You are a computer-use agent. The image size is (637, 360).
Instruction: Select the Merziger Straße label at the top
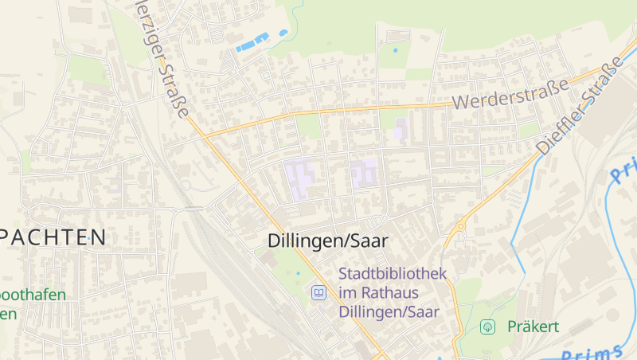[162, 56]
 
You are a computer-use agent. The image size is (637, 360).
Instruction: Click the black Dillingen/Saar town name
[327, 240]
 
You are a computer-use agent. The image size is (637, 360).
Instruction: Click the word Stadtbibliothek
[393, 273]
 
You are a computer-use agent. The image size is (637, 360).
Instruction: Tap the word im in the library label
[349, 292]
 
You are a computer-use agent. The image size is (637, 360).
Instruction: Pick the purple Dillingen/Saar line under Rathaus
[389, 311]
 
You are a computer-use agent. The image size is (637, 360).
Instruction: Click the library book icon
[318, 292]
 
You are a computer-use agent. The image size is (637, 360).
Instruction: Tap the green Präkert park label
[533, 327]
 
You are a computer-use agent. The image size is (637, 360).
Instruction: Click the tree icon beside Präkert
[489, 327]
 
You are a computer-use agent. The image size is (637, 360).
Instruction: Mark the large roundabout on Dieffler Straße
[459, 227]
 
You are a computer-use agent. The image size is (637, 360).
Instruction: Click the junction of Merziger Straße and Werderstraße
[204, 136]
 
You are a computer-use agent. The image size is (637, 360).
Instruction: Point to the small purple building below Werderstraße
[401, 128]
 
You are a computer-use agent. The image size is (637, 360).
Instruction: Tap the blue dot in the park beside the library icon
[299, 273]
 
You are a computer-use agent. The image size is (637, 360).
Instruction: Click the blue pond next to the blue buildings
[283, 33]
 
